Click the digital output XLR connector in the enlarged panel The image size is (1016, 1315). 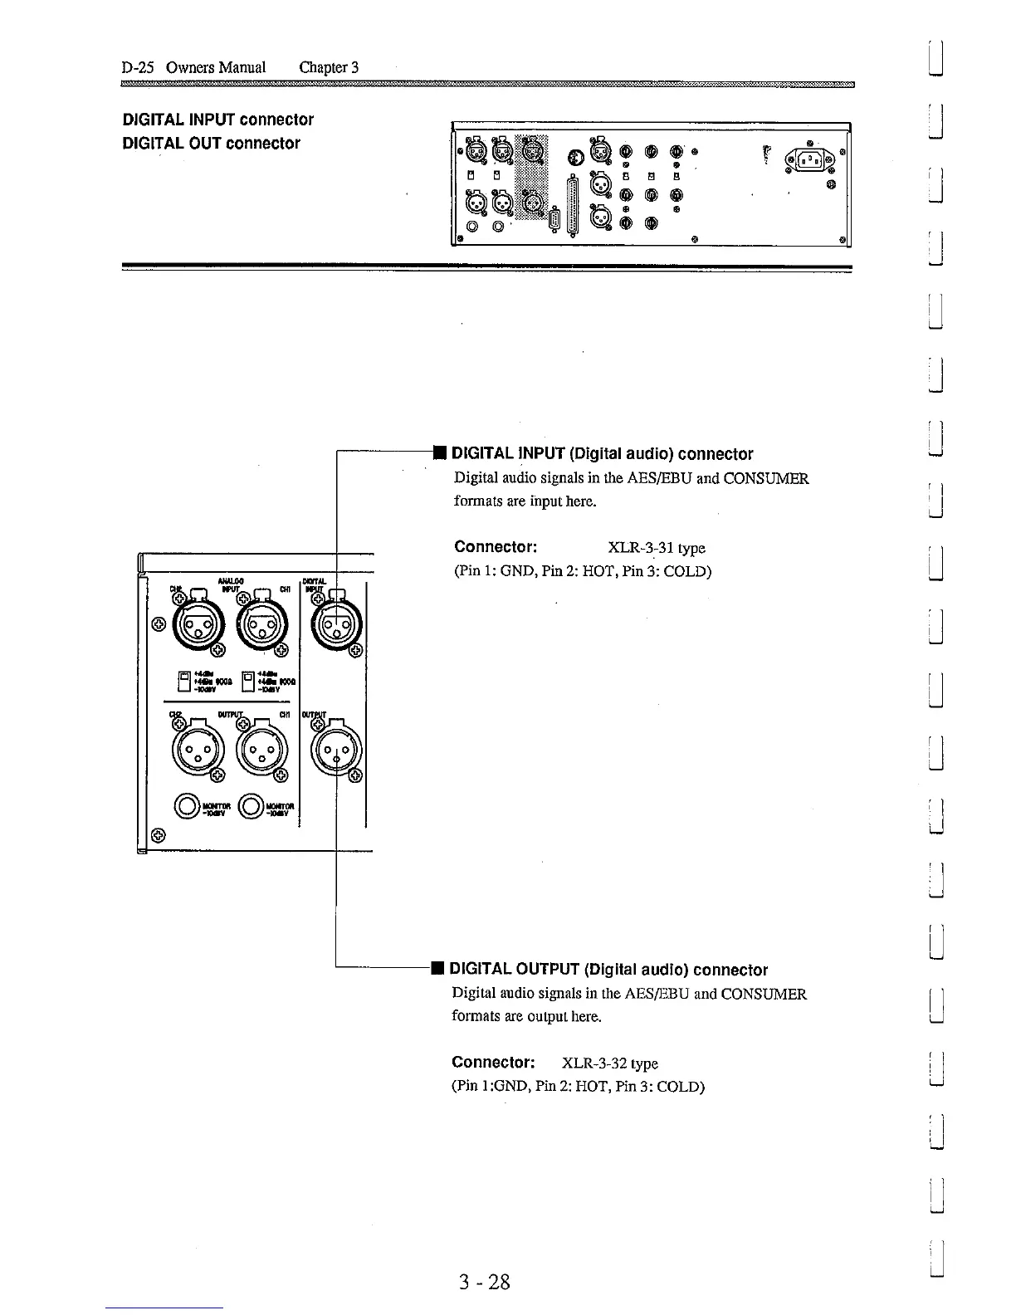click(x=336, y=750)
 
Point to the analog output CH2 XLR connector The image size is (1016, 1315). click(x=196, y=752)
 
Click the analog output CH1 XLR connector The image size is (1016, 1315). click(x=262, y=752)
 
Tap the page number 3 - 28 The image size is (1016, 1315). click(x=485, y=1282)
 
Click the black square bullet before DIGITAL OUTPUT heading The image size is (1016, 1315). click(x=436, y=969)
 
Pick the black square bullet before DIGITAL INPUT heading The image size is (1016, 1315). click(x=439, y=453)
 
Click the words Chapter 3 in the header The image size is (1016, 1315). click(x=328, y=67)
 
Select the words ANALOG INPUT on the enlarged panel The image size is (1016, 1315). click(x=230, y=585)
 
